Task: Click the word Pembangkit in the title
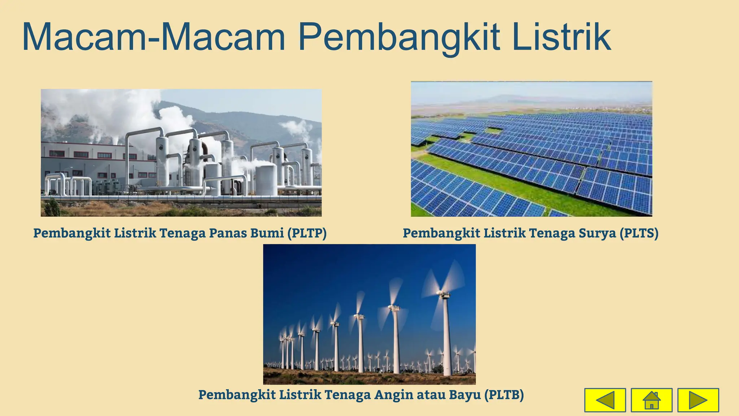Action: [399, 38]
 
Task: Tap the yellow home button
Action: [651, 400]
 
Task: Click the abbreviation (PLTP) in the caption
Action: [307, 233]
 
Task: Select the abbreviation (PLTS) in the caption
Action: [639, 233]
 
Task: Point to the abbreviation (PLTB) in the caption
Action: [504, 395]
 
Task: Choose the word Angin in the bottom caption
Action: [394, 395]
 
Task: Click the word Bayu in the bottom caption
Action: [465, 395]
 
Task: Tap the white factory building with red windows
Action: [90, 159]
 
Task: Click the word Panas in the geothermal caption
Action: [227, 233]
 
